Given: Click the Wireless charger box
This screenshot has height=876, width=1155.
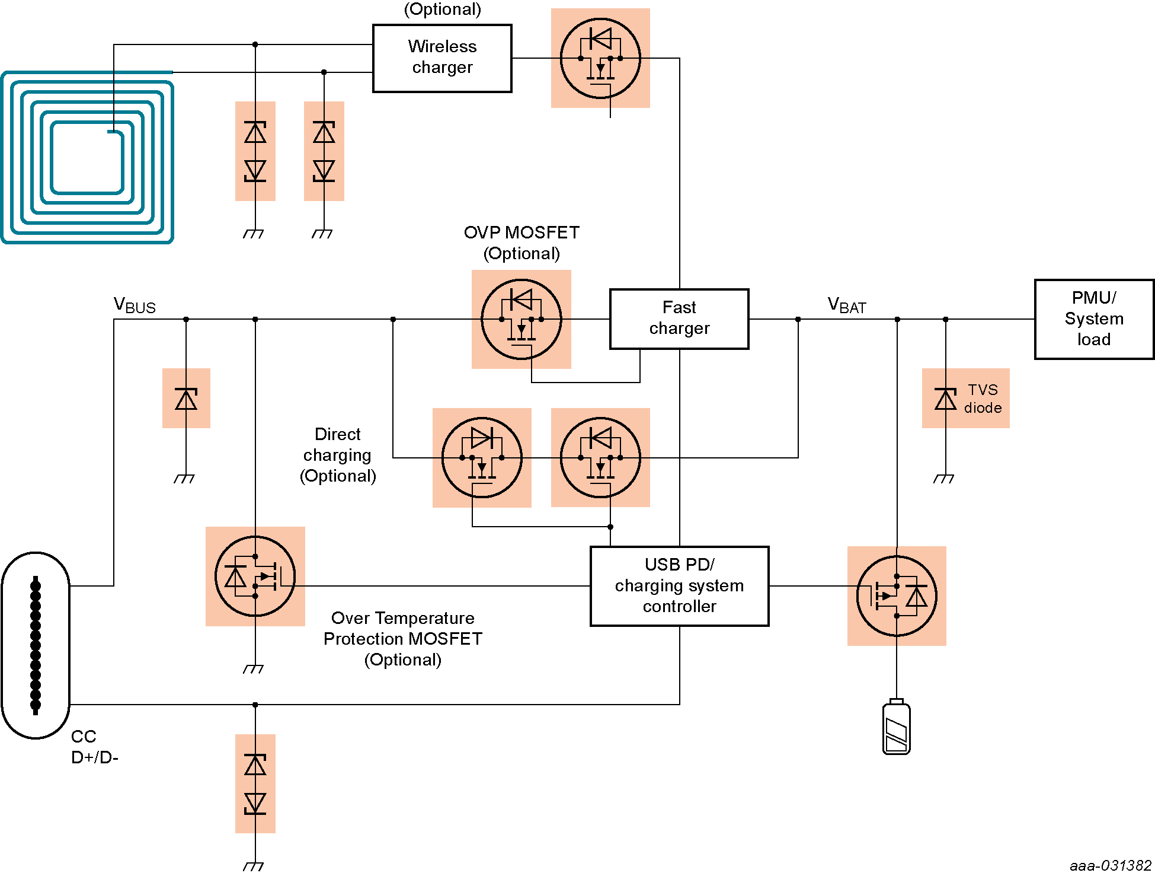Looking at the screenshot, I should [x=442, y=58].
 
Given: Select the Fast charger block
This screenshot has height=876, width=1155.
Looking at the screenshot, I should [x=679, y=319].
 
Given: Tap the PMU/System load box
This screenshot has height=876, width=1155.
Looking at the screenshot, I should [x=1093, y=319].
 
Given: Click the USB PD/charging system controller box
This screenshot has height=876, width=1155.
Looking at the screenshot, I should [x=679, y=586].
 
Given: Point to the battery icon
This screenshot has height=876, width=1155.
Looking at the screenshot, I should [x=896, y=728].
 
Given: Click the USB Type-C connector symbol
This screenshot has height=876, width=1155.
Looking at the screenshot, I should [x=36, y=645].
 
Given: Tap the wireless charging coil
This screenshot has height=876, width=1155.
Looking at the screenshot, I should [x=87, y=157].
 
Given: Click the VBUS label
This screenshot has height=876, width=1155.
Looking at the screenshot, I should [x=135, y=305].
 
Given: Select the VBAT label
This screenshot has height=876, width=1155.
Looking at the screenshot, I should [x=847, y=305].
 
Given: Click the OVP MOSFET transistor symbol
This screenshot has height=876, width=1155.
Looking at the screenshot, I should [x=521, y=320].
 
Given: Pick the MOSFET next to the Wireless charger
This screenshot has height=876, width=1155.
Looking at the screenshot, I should [x=600, y=58].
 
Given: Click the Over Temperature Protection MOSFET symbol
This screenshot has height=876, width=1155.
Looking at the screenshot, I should [x=255, y=576].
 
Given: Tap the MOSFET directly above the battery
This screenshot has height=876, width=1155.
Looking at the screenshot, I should [x=897, y=596].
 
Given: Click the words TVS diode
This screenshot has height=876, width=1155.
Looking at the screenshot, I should [x=983, y=399].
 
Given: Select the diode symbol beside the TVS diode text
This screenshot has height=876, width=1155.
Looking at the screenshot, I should [x=945, y=399].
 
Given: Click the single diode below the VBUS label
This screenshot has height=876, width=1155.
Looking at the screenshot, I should [x=186, y=399].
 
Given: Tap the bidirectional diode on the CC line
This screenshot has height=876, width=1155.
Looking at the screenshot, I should [x=255, y=784].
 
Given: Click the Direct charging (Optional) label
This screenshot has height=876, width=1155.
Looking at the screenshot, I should [x=338, y=455].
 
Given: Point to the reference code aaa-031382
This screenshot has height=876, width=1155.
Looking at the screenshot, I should [x=1110, y=865].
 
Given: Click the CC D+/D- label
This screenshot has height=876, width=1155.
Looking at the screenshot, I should [x=94, y=747].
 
